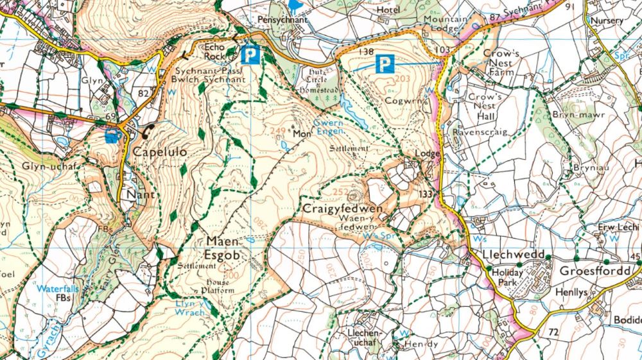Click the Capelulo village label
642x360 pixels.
160,152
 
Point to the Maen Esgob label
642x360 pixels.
223,247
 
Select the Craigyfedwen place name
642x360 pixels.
343,209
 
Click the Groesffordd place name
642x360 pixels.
594,271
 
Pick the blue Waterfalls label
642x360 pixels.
57,289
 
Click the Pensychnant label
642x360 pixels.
282,20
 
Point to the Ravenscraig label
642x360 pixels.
480,132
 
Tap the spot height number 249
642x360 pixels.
278,132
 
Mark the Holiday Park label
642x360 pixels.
507,277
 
